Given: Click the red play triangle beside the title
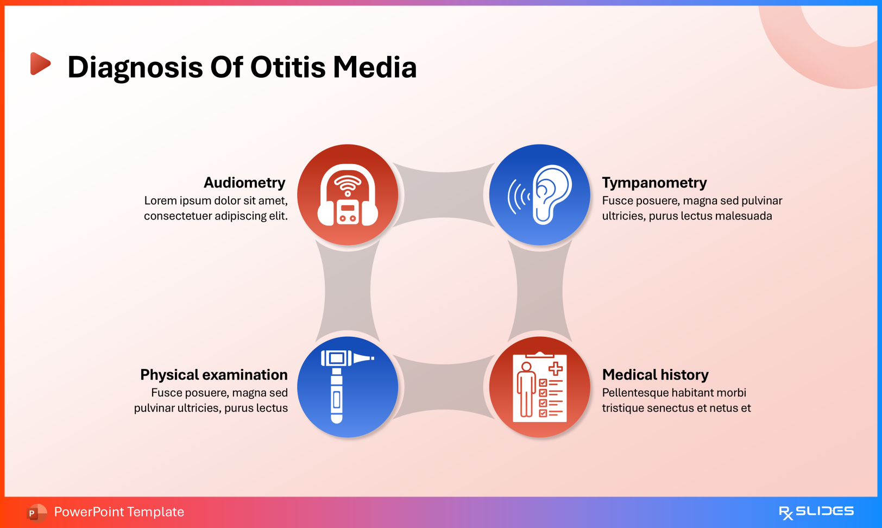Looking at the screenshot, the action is [40, 64].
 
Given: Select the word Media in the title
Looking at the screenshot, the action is [375, 67].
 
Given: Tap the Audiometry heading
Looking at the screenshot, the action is [244, 183].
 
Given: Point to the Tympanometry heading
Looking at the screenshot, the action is [654, 183].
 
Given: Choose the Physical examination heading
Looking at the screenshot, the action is [214, 375].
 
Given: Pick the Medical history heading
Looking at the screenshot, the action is [656, 375].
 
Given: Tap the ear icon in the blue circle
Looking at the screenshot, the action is [552, 194].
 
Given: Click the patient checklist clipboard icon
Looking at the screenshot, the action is [539, 387].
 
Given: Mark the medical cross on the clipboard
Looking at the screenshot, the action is [556, 369].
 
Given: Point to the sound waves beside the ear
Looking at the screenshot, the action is [518, 197].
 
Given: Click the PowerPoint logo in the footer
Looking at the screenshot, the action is [36, 512].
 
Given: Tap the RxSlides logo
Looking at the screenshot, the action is [816, 512].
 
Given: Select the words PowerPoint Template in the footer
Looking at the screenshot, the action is [119, 512].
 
